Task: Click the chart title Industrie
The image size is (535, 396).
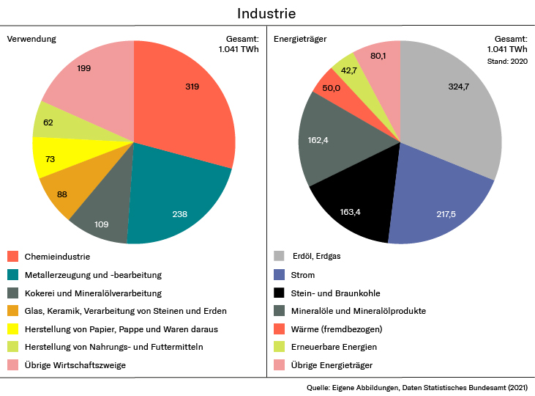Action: (x=266, y=14)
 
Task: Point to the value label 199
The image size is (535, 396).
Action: (x=84, y=68)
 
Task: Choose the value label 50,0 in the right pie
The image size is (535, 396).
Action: (x=331, y=88)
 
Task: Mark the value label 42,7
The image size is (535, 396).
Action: (x=348, y=70)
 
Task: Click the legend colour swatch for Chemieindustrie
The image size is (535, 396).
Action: (x=13, y=257)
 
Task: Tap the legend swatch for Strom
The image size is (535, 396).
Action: (x=279, y=275)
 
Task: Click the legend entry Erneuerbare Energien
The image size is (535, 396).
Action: (x=334, y=346)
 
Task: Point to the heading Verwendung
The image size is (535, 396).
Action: (x=31, y=38)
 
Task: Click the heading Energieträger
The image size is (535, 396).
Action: (x=300, y=38)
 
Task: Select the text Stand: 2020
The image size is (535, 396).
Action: (x=507, y=61)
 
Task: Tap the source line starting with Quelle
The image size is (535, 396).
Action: (x=417, y=387)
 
